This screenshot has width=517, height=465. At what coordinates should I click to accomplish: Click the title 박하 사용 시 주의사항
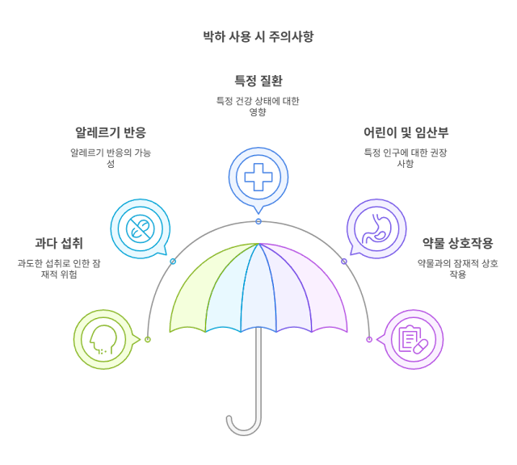[258, 36]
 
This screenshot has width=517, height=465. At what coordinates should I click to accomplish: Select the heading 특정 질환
[258, 81]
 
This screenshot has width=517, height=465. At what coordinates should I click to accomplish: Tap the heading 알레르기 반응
[111, 132]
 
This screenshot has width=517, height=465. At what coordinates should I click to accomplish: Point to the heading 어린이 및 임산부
[406, 132]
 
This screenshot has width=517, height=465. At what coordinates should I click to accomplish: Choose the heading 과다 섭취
[58, 243]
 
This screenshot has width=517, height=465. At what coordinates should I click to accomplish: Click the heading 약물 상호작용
[457, 243]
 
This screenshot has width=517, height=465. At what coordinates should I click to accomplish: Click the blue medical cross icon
[258, 176]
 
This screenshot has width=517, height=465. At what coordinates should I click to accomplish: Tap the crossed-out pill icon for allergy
[139, 228]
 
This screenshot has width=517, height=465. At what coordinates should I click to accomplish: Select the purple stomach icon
[376, 228]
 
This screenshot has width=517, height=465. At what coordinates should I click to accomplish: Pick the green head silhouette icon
[103, 339]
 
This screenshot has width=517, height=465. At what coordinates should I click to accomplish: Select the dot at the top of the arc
[258, 220]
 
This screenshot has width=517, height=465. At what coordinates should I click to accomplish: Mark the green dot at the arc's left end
[148, 339]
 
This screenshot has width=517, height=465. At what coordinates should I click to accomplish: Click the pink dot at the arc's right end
[369, 339]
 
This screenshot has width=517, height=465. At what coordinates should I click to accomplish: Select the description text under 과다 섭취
[58, 269]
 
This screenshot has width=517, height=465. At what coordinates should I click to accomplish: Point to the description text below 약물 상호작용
[457, 269]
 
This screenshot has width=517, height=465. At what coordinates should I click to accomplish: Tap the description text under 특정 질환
[258, 106]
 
